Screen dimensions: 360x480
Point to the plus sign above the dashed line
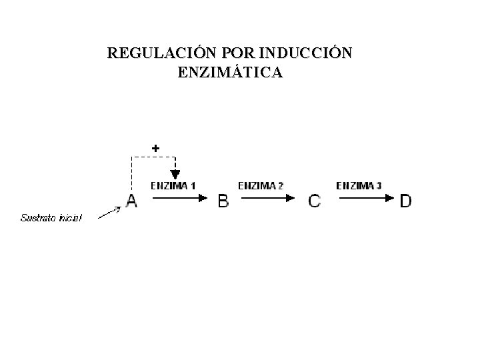point(155,147)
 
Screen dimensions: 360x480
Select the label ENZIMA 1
point(173,185)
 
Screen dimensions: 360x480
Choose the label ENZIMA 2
point(261,185)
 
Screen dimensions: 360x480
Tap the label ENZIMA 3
point(359,185)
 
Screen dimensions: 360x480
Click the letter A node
point(131,201)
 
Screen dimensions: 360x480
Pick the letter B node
point(223,201)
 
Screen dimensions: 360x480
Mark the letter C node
point(314,201)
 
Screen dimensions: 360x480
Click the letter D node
point(405,201)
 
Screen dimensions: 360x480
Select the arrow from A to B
point(175,197)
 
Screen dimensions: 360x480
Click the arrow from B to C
point(265,197)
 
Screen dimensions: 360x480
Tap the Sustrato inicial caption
point(51,217)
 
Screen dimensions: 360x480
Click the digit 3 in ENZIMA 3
point(379,185)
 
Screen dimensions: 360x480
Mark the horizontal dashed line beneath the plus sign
point(153,157)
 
